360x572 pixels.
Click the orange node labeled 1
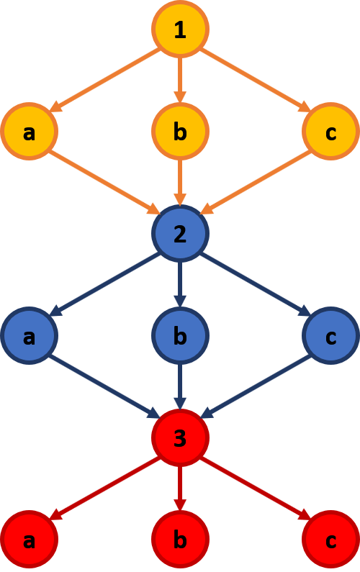(181, 29)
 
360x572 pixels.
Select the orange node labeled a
(30, 132)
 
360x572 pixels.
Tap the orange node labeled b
(181, 132)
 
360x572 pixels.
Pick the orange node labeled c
(331, 132)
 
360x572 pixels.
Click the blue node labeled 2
(181, 233)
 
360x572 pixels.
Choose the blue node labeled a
(30, 335)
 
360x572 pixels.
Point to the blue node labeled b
(181, 335)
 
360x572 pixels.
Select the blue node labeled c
(331, 335)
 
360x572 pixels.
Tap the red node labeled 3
(181, 437)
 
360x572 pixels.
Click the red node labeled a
(30, 540)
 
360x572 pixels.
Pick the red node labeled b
(181, 540)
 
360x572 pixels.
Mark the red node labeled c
(331, 540)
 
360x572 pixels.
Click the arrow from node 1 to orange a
(105, 81)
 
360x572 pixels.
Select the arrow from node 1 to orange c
(256, 81)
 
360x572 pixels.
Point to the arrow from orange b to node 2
(181, 183)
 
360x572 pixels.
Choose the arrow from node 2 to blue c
(256, 284)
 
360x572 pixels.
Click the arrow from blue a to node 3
(105, 386)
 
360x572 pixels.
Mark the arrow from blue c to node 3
(256, 386)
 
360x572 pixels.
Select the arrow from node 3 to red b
(181, 489)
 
